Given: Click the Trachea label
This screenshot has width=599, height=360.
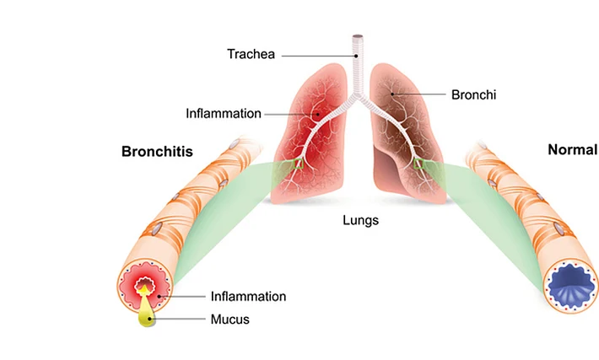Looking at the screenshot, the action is [251, 54].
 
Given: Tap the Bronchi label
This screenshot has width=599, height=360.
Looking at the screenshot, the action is [473, 94].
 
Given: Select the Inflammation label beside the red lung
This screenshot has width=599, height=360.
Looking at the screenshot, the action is [224, 113].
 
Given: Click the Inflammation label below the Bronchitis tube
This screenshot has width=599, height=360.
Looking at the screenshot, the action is [248, 296].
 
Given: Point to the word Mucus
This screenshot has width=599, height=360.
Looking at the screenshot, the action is [230, 320].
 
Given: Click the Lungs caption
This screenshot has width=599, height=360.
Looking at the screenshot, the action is [360, 220].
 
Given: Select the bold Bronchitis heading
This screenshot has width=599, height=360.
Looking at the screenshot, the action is [157, 151].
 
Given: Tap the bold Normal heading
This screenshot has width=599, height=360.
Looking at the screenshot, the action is [573, 150].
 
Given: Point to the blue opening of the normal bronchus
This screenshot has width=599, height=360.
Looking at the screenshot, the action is [571, 285].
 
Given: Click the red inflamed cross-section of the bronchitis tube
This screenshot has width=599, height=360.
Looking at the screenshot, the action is [145, 287].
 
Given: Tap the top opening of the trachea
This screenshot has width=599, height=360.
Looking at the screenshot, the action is [358, 36].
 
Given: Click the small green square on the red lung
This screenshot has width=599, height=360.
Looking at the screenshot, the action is [298, 164].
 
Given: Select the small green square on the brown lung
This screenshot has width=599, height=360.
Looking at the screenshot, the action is [418, 164].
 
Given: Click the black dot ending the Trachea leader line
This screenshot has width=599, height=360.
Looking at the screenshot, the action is [356, 56].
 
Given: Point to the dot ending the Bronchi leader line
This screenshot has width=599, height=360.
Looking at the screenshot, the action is [392, 94].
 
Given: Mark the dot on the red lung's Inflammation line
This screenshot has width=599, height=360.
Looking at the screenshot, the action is [317, 114].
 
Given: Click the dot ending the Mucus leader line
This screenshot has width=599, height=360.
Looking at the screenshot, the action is [150, 319].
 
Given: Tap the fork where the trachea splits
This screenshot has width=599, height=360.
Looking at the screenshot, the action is [358, 95].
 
